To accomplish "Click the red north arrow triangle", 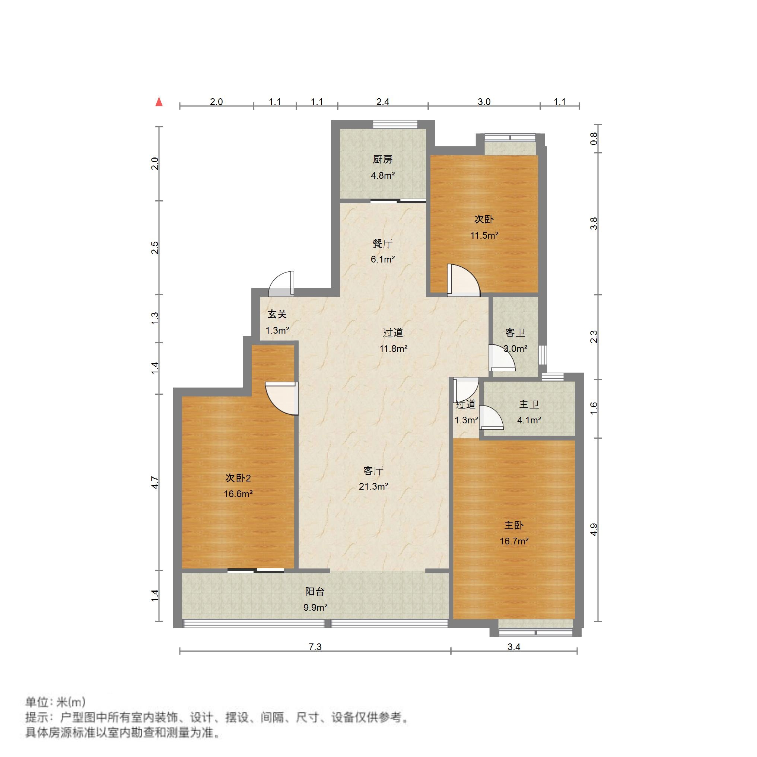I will tap(159, 102).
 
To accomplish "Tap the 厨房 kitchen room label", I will tap(382, 159).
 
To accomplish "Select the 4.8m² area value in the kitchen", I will tap(382, 175).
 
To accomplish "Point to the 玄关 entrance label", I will tap(277, 314).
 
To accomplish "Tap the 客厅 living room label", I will tap(373, 471).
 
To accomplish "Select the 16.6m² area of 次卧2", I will tap(238, 494).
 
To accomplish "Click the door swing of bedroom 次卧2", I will tap(280, 398).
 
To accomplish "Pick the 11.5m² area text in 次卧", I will tap(484, 235).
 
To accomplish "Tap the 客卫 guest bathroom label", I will tap(515, 333).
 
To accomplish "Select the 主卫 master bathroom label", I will tap(529, 404).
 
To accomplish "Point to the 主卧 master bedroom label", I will tap(514, 525).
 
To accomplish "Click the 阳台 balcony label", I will tap(315, 591).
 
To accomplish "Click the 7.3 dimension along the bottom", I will tap(315, 647).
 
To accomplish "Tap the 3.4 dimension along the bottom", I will tap(514, 647).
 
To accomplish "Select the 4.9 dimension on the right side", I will tap(594, 530).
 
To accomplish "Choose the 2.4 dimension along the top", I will tap(382, 102).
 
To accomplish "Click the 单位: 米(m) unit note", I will tap(55, 702).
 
